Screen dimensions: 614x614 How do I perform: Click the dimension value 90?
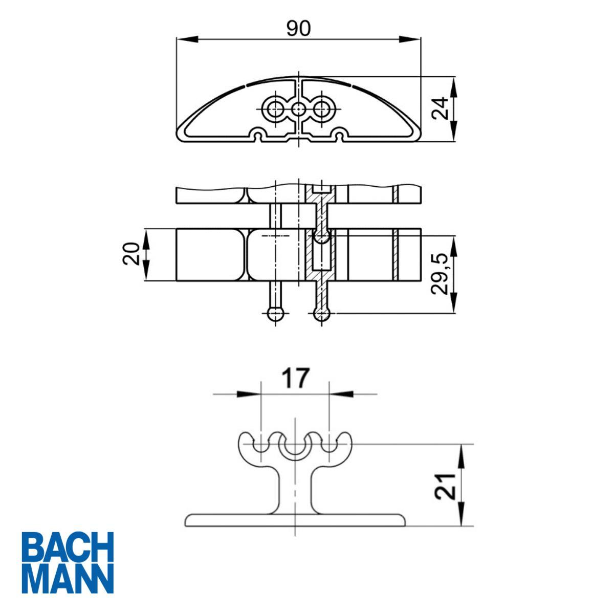tap(298, 29)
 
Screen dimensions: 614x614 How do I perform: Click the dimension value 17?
tap(295, 379)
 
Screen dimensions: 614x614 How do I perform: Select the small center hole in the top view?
tap(298, 109)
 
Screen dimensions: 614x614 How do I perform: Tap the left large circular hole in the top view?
tap(274, 108)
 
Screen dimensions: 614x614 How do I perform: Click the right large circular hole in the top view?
tap(322, 108)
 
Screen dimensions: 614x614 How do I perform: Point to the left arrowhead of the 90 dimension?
tap(187, 38)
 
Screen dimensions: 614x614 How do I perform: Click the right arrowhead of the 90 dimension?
tap(409, 38)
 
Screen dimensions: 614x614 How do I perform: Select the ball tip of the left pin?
tap(275, 314)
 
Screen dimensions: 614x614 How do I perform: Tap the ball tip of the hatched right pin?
tap(321, 315)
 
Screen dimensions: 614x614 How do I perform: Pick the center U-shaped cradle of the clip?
tap(295, 448)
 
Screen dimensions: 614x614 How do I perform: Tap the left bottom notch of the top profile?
tap(259, 136)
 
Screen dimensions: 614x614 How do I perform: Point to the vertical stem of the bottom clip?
tap(295, 489)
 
